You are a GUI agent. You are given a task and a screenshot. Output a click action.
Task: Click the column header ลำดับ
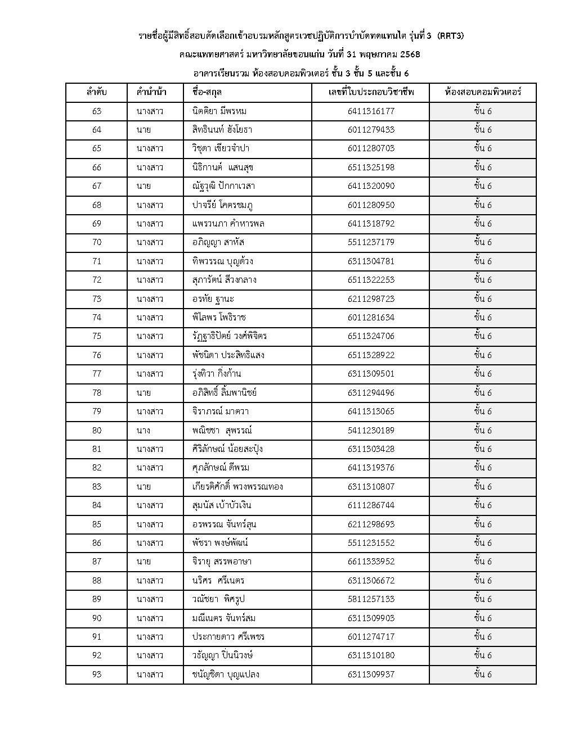click(x=96, y=92)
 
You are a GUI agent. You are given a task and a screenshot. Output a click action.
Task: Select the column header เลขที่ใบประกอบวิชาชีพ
click(x=371, y=92)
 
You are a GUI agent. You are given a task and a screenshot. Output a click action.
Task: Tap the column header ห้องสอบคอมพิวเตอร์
click(x=482, y=92)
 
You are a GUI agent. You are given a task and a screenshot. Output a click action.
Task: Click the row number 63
click(x=96, y=111)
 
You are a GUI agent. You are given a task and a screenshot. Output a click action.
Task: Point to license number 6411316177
click(x=371, y=111)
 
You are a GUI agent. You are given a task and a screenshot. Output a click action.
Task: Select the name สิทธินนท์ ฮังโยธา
click(x=222, y=130)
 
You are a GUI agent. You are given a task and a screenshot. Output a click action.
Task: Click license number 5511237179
click(x=371, y=242)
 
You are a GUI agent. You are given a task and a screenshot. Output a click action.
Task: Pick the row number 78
click(x=96, y=392)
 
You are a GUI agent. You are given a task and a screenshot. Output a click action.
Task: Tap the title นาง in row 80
click(x=143, y=430)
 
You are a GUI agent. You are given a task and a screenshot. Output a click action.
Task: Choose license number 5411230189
click(x=371, y=430)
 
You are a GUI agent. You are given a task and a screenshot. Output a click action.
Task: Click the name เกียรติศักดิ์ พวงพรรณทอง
click(x=237, y=486)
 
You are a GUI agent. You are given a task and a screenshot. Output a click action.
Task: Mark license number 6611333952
click(x=371, y=562)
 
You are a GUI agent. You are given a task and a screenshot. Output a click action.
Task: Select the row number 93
click(x=96, y=674)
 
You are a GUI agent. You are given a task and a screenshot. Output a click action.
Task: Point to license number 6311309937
click(x=371, y=674)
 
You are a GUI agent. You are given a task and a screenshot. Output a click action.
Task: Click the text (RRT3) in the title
click(x=450, y=37)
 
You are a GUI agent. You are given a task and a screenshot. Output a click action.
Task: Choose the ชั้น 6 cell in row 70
click(x=482, y=242)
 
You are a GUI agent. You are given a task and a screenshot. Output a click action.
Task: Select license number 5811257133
click(x=371, y=599)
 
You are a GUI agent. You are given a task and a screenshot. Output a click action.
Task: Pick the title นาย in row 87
click(x=143, y=562)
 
